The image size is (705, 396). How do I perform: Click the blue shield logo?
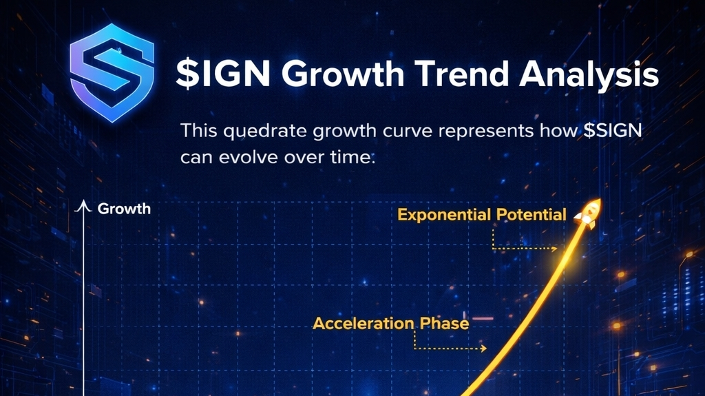click(112, 72)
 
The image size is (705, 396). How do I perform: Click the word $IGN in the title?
click(223, 73)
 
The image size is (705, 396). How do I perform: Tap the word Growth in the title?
click(343, 73)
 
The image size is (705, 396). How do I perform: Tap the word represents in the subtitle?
click(486, 132)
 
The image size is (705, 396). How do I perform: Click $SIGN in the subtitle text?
click(613, 130)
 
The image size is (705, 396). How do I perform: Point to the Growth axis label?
click(124, 209)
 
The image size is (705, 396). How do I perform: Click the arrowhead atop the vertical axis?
click(83, 205)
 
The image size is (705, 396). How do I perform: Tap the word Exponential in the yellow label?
click(444, 215)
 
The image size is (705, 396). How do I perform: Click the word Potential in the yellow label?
click(531, 214)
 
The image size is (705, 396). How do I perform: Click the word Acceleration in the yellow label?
click(364, 324)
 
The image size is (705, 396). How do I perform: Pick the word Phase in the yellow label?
click(444, 324)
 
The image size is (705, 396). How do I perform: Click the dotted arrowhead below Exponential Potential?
click(554, 249)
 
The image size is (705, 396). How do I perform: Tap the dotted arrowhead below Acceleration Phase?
click(484, 348)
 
